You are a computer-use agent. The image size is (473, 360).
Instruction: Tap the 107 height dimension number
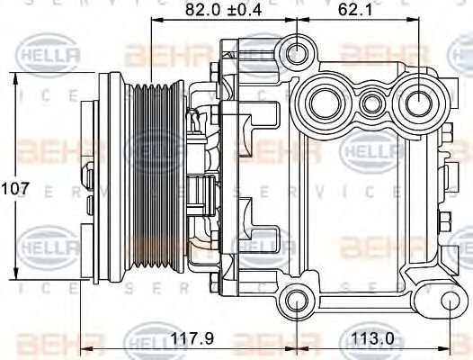tap(16, 189)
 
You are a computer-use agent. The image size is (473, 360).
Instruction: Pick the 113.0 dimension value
tap(370, 339)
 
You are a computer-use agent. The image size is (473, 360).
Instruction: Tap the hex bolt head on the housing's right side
tap(447, 219)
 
